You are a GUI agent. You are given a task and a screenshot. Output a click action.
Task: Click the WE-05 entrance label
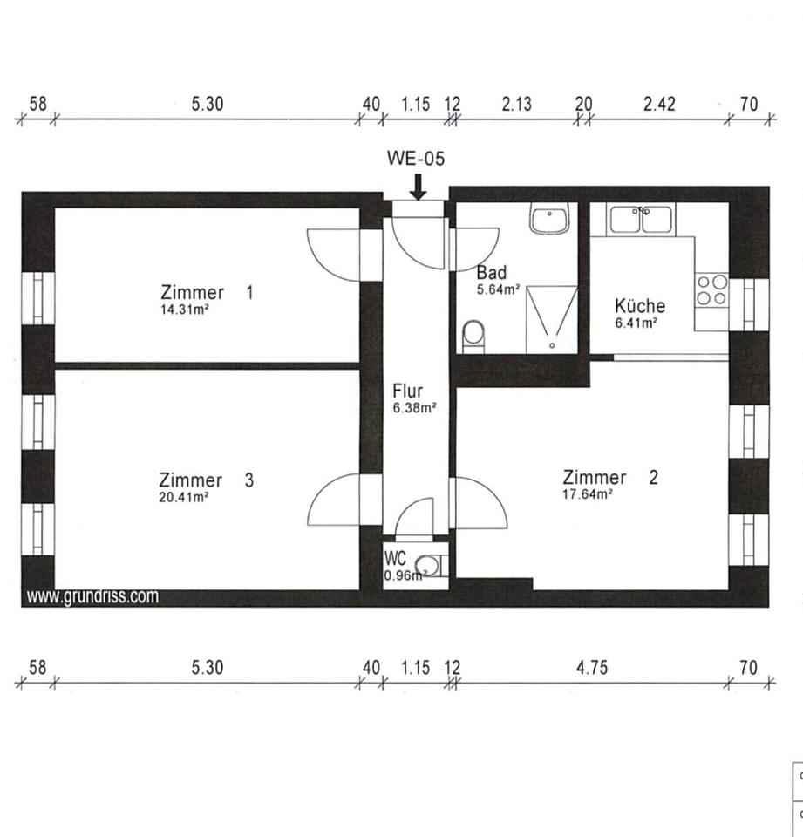416,158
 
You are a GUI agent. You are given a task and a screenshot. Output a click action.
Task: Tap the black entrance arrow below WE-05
418,186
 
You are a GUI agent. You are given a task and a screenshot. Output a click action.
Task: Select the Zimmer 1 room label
207,293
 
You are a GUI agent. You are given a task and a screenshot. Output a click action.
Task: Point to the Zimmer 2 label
610,478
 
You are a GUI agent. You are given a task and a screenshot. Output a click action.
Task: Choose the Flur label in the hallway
407,391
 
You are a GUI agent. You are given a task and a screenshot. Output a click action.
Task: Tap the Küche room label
639,306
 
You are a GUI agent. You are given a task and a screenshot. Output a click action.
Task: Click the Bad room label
491,273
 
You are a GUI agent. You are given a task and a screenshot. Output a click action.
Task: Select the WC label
394,558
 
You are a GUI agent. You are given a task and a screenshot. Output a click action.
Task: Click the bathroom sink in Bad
549,219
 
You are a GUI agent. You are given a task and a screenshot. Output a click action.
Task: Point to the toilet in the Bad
473,335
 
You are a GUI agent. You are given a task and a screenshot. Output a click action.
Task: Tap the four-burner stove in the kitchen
711,289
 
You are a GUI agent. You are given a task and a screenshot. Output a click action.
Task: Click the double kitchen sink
642,219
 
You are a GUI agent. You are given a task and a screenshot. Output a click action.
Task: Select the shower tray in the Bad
550,319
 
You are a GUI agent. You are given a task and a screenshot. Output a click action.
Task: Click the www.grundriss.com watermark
92,597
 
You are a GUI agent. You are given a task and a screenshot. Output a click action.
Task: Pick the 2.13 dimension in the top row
516,104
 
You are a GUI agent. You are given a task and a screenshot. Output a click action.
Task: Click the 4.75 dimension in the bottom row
591,668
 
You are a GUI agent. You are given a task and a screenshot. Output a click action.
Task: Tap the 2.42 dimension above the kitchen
659,104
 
